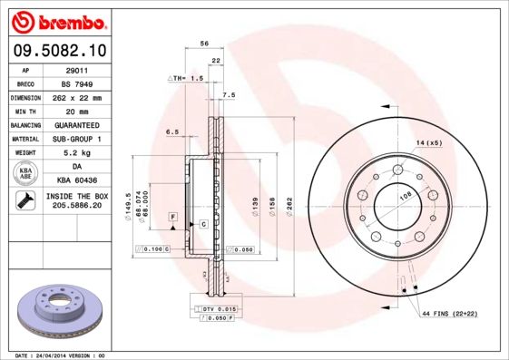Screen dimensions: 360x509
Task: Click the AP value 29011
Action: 77,69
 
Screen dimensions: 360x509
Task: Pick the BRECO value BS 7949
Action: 77,83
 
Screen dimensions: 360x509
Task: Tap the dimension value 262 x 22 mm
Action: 77,97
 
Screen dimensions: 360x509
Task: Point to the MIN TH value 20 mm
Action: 77,111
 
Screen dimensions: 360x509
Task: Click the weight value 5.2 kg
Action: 77,153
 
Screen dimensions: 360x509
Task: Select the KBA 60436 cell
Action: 77,180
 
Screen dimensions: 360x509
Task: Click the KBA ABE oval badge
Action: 27,174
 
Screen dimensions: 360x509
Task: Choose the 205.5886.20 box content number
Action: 77,207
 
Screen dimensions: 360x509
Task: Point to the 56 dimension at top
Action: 204,44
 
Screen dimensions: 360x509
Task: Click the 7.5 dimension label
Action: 229,94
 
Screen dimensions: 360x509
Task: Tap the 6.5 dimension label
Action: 171,131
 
